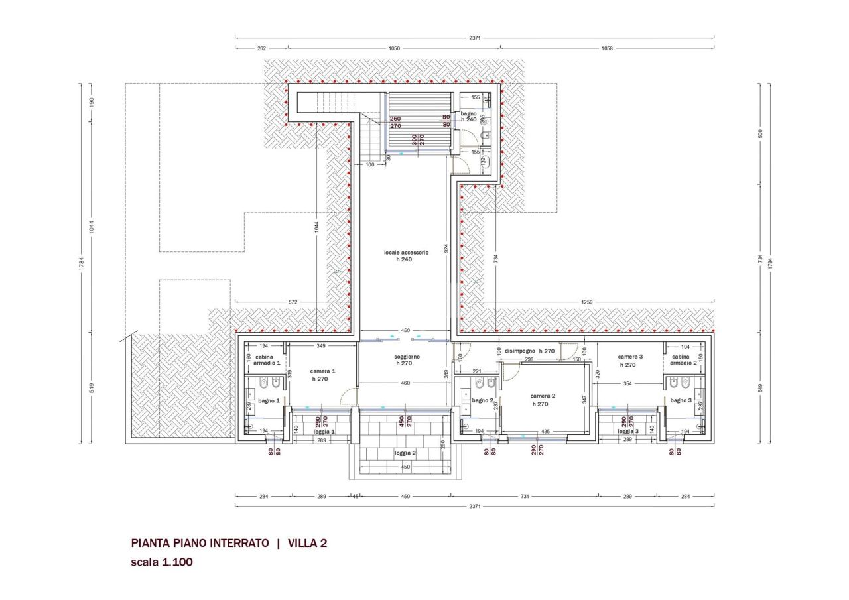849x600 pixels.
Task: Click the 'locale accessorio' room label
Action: tap(406, 253)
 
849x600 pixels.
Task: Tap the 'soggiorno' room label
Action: tap(407, 357)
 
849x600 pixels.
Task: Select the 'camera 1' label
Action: tap(323, 371)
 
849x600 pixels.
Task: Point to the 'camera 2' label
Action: tap(543, 396)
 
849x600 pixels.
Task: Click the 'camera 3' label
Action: tap(631, 356)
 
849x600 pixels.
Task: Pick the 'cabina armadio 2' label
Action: tap(683, 359)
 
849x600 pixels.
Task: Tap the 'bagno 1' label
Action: tap(269, 400)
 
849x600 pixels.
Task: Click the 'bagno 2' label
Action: tap(482, 400)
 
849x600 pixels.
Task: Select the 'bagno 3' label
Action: tap(681, 400)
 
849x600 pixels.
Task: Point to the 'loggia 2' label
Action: tap(405, 453)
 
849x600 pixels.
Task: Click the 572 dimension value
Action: tap(292, 302)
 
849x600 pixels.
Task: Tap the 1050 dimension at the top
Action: tap(394, 48)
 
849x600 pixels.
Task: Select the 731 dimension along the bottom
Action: tap(524, 496)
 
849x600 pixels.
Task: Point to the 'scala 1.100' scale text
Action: tap(162, 562)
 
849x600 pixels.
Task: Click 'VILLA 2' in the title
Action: tap(307, 544)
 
